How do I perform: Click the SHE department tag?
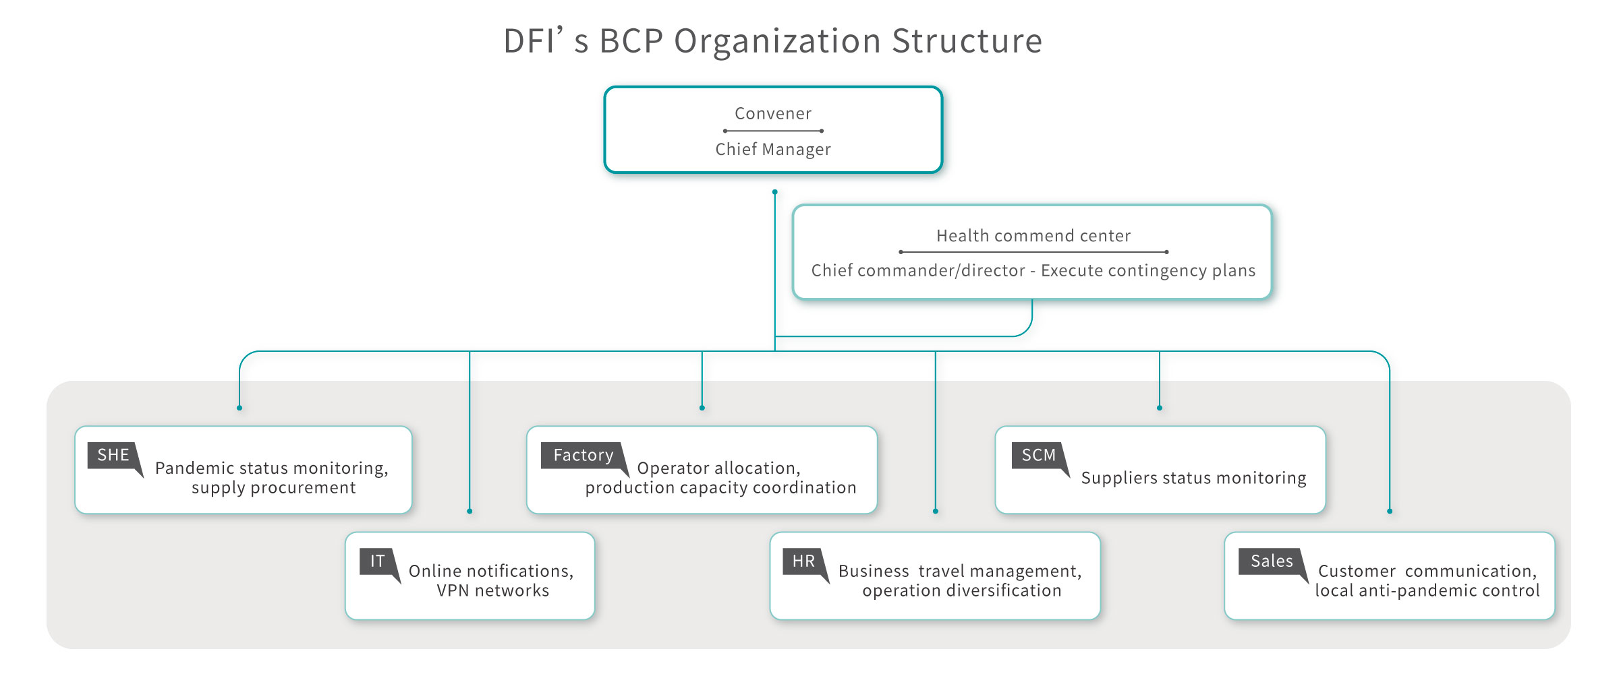113,456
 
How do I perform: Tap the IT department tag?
377,561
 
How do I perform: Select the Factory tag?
583,456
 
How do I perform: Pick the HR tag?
803,561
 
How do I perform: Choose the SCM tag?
1038,456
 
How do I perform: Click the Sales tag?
1271,561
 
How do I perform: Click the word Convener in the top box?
773,114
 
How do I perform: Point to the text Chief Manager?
773,150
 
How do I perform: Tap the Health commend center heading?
1033,236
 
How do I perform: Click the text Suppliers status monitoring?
1193,478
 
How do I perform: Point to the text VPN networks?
492,591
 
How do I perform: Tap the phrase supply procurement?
273,488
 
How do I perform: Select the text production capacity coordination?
720,488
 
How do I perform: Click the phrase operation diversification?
961,591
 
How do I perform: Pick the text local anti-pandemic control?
1427,591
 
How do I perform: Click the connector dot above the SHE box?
239,408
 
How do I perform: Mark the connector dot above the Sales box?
1390,511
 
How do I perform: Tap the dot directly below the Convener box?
774,192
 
